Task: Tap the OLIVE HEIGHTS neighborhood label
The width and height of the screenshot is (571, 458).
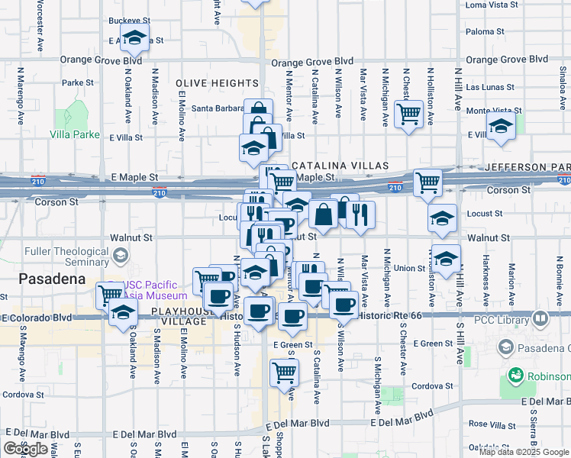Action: [216, 82]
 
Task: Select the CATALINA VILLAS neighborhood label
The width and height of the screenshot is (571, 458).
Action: [340, 166]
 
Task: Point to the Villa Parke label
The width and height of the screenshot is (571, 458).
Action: [75, 134]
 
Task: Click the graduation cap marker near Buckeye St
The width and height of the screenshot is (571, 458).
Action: [135, 37]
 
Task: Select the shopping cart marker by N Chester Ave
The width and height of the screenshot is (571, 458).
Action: [410, 113]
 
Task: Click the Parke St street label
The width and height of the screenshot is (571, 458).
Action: [78, 82]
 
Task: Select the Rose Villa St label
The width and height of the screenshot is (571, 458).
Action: [489, 424]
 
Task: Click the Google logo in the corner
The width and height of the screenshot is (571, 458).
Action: [26, 449]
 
